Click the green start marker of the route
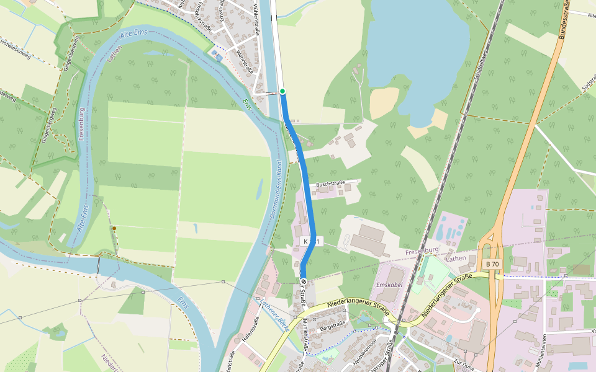(282, 91)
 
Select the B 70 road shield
(492, 264)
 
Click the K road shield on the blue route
(310, 241)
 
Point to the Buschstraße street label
(330, 184)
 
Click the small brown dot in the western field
(114, 229)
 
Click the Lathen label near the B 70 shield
(456, 258)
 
